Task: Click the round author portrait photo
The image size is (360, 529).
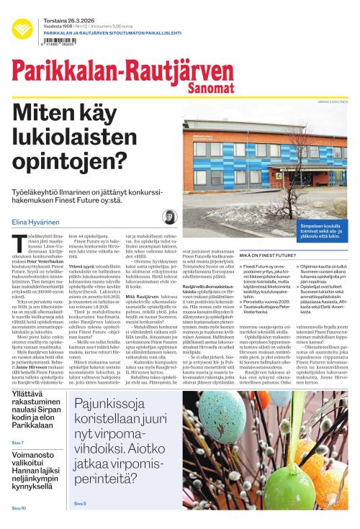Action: (171, 217)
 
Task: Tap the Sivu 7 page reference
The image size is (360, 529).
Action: (18, 442)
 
